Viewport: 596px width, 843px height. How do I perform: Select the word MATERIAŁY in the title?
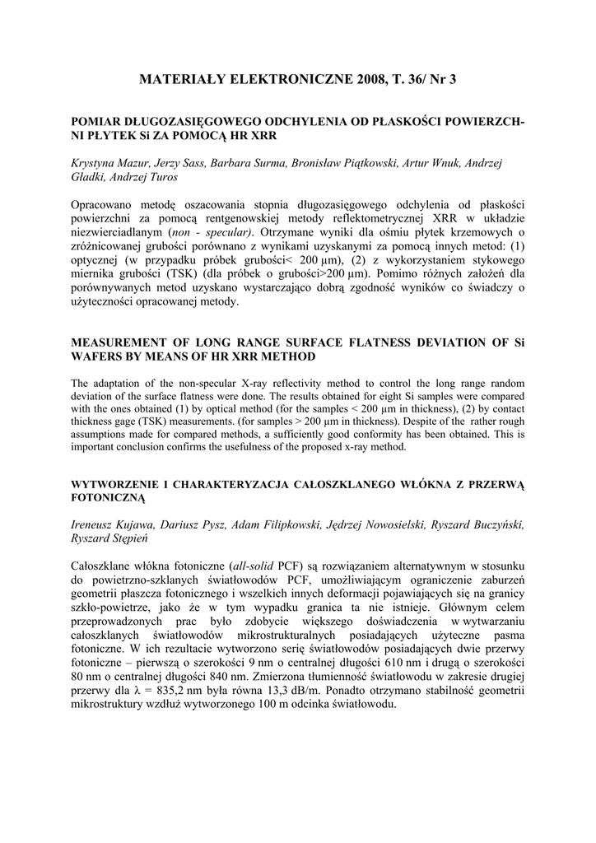pos(180,80)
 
